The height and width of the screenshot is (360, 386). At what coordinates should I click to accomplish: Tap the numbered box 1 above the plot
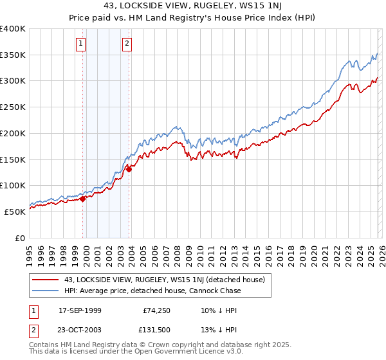click(81, 44)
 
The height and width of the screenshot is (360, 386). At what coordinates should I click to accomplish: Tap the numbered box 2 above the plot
click(127, 44)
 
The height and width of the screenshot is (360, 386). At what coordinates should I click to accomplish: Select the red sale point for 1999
click(83, 199)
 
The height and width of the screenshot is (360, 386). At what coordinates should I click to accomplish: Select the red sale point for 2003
click(129, 169)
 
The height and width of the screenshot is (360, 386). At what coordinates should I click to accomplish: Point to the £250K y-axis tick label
click(13, 107)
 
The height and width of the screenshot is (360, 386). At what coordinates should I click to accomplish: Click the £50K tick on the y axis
click(15, 211)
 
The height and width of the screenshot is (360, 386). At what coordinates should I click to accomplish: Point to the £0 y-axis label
click(20, 237)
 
